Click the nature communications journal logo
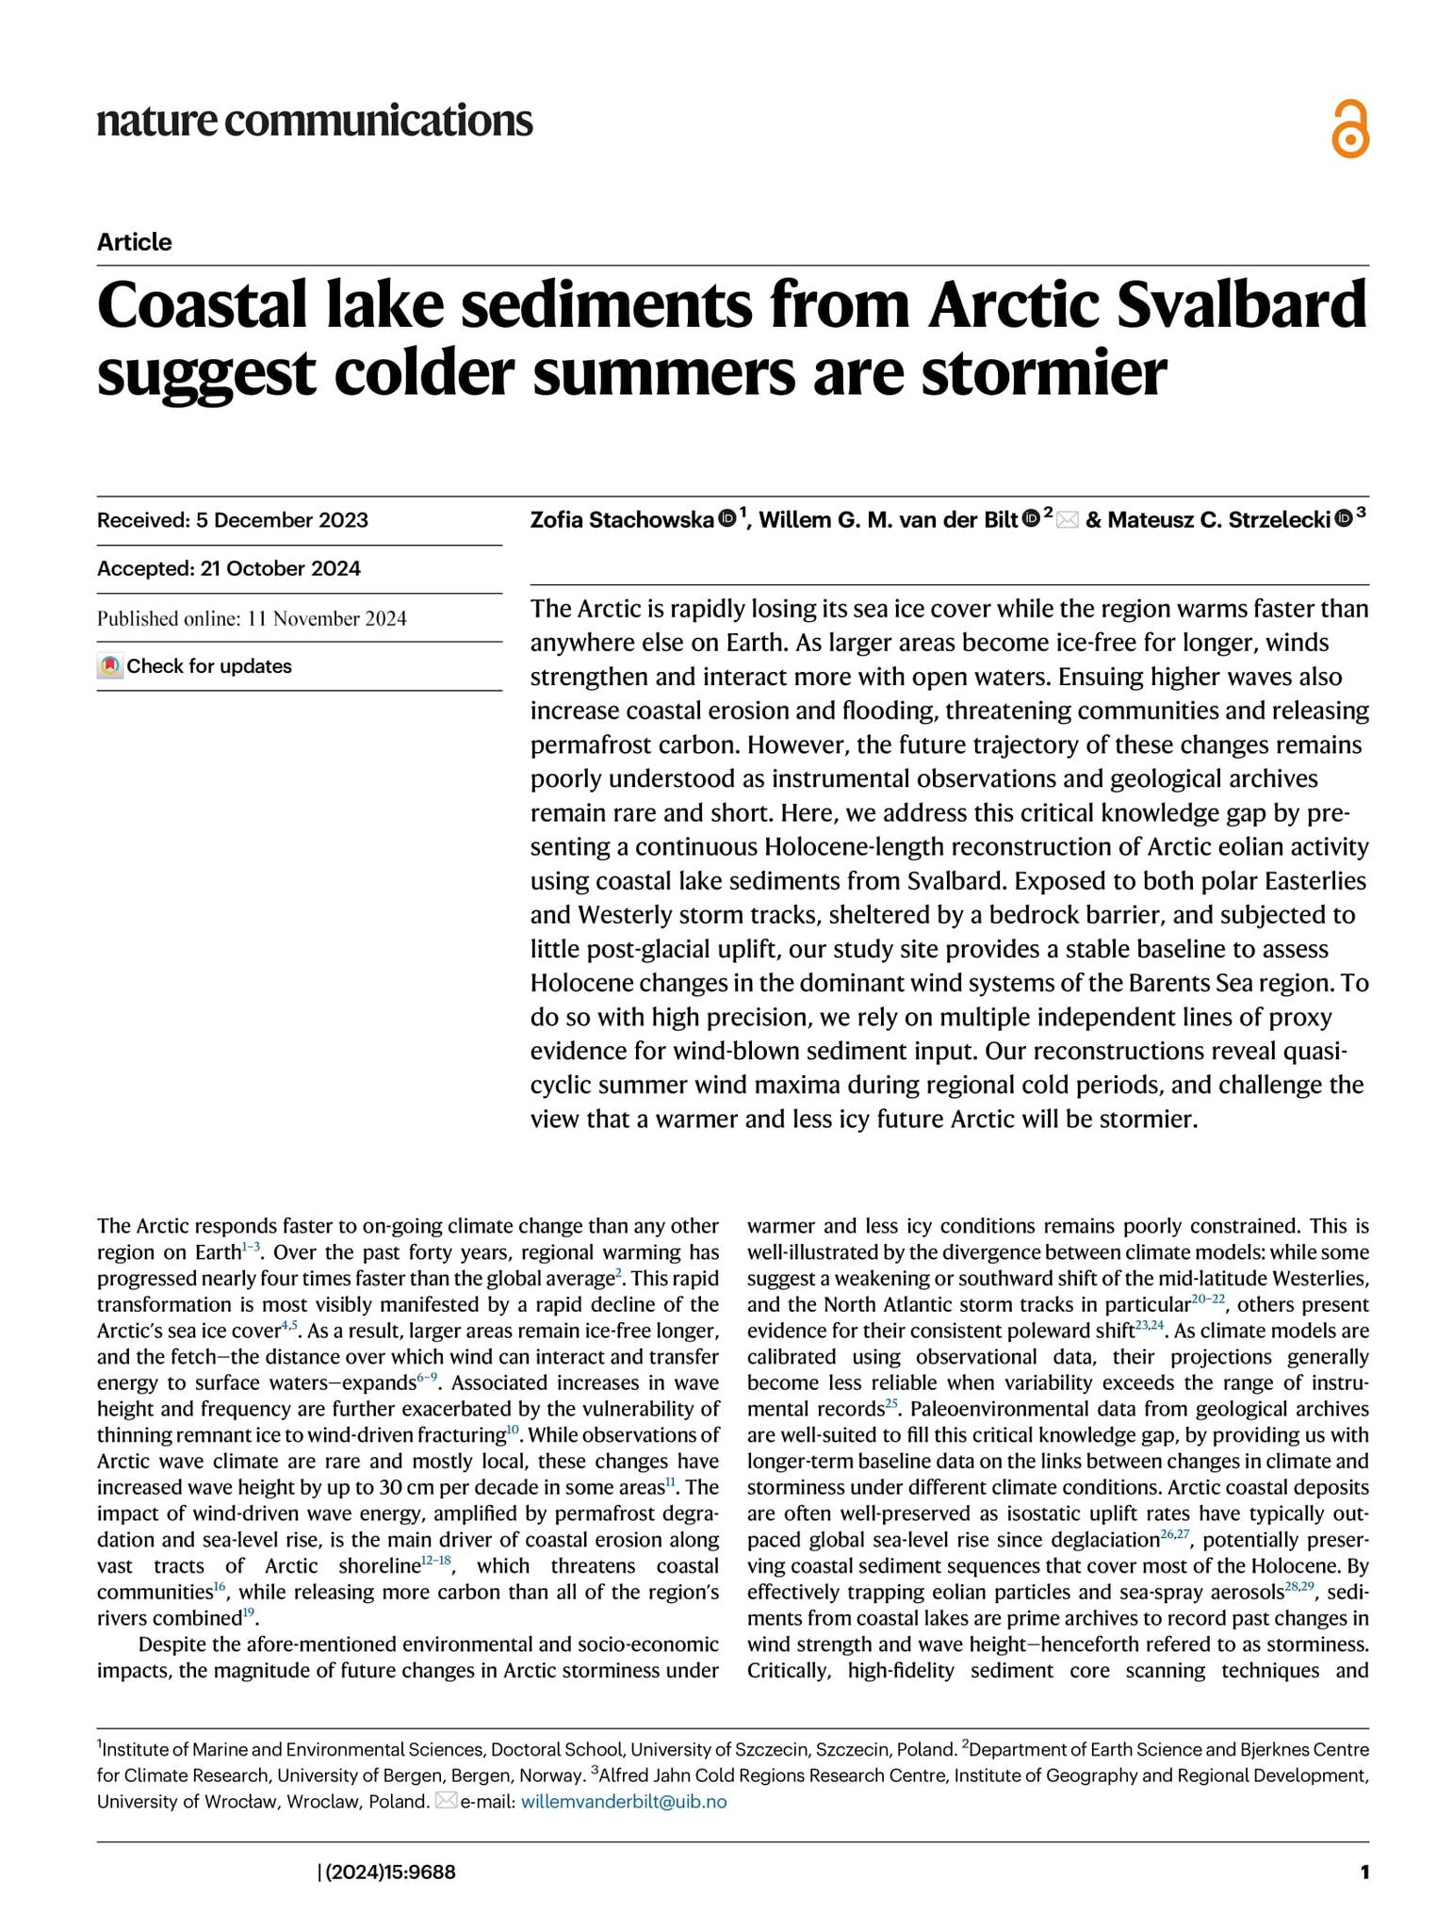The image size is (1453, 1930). click(x=315, y=122)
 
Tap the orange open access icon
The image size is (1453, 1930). click(x=1349, y=129)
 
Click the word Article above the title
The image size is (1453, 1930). click(x=134, y=242)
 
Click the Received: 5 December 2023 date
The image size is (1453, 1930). click(x=233, y=520)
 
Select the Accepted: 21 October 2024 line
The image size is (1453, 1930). click(x=229, y=568)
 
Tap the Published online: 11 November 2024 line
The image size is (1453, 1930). click(x=252, y=618)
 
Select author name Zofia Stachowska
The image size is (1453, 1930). click(x=622, y=519)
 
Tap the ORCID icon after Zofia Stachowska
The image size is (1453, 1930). click(x=726, y=517)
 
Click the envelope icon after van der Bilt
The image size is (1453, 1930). click(x=1067, y=519)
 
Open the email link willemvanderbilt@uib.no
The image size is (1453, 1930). click(x=624, y=1801)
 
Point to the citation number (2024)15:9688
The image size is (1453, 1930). click(x=388, y=1872)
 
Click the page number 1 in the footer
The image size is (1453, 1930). click(x=1363, y=1872)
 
